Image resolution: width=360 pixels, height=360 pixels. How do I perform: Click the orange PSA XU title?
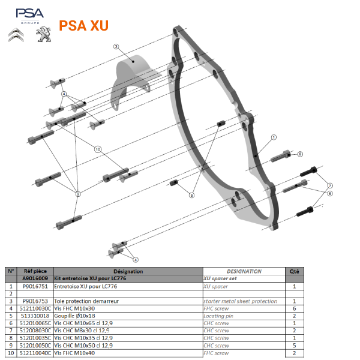click(x=84, y=26)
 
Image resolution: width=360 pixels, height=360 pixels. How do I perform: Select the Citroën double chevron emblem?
click(x=17, y=35)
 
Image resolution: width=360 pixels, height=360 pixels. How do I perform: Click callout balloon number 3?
click(x=116, y=46)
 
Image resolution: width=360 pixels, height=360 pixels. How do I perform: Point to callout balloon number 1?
click(x=273, y=137)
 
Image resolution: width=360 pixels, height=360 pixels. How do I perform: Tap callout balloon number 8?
click(x=300, y=154)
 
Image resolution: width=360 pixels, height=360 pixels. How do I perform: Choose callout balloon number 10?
click(x=98, y=148)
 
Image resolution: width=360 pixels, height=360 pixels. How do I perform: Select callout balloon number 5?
click(x=192, y=194)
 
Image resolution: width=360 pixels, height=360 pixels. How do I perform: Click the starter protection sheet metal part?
click(x=135, y=72)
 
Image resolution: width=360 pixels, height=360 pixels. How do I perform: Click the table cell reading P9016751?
click(x=35, y=287)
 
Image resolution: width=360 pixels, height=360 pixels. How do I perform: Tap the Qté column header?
click(x=295, y=271)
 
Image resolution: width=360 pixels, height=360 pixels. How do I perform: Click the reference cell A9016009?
click(x=35, y=279)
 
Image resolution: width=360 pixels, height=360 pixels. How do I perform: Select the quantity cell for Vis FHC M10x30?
click(x=295, y=308)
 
